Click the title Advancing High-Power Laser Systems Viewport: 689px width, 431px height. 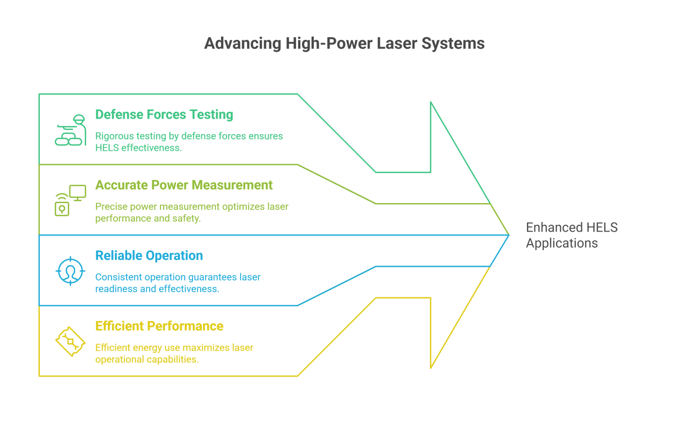344,44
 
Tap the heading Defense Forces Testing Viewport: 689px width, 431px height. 164,115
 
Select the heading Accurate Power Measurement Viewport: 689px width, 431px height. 184,185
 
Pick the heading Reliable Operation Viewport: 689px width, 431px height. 149,256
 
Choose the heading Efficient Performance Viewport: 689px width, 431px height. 159,326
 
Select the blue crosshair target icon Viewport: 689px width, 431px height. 71,270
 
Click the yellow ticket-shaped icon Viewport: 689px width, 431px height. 71,341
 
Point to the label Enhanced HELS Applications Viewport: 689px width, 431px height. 572,235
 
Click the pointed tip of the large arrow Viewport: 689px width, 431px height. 508,235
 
